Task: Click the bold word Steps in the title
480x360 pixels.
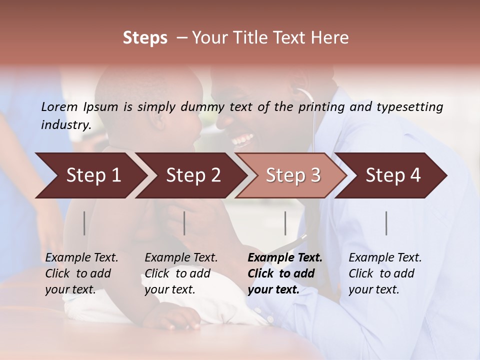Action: click(x=145, y=38)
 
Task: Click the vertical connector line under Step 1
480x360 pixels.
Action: click(x=84, y=223)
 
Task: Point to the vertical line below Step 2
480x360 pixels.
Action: click(x=184, y=223)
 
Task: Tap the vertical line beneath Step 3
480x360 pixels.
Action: click(x=285, y=223)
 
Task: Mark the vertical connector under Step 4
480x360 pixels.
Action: click(x=386, y=223)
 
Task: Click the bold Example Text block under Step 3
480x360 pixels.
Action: click(x=285, y=273)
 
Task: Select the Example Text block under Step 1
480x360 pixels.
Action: click(x=81, y=273)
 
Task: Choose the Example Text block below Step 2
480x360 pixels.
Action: click(x=181, y=273)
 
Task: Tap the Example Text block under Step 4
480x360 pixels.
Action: click(x=385, y=273)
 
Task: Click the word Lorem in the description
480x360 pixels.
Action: click(x=59, y=107)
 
